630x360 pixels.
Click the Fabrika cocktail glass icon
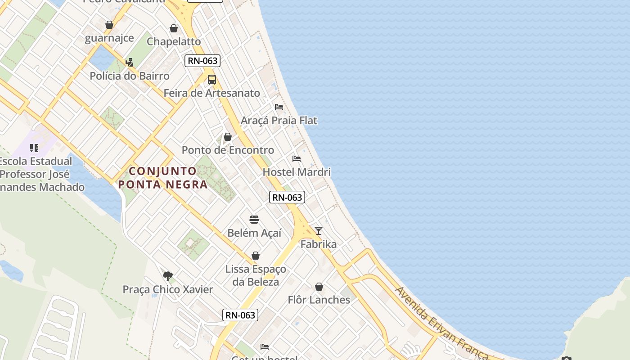[x=319, y=231]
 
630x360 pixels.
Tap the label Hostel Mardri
[x=297, y=172]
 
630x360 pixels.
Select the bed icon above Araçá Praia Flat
[x=279, y=107]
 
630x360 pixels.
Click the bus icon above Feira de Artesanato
[x=211, y=80]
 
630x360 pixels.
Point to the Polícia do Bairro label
[x=130, y=76]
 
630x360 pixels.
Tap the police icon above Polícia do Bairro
[x=130, y=62]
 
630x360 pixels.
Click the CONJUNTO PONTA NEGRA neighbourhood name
[x=163, y=178]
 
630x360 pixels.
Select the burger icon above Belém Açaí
[x=254, y=220]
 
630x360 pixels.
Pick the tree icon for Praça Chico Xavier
[x=168, y=276]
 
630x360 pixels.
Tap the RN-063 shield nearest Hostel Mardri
[x=287, y=197]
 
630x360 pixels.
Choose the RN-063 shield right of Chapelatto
[x=202, y=61]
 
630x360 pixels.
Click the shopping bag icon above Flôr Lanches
[x=319, y=287]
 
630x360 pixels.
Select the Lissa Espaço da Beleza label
[x=256, y=275]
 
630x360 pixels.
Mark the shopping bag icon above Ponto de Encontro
[x=228, y=137]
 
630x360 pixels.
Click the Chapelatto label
[x=174, y=41]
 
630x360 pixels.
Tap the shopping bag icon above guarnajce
[x=109, y=25]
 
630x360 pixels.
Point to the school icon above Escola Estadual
[x=34, y=148]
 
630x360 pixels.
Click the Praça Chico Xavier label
[x=168, y=289]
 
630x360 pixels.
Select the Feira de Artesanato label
[x=211, y=93]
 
